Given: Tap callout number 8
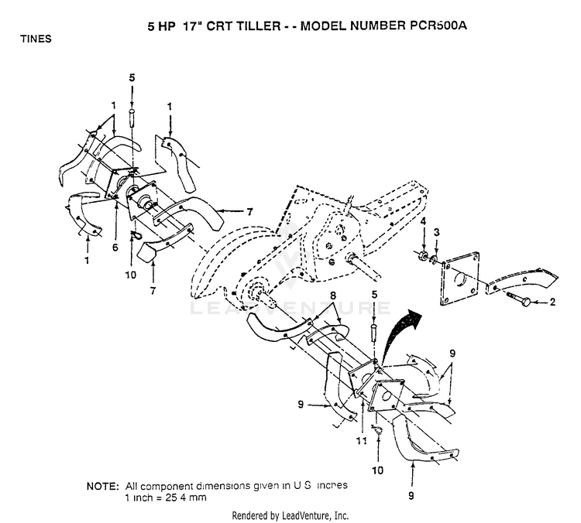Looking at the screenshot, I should point(332,296).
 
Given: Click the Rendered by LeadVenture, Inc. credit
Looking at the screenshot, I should point(290,515).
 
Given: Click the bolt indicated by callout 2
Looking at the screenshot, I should point(521,299).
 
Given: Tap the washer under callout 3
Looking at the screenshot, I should point(435,259).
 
